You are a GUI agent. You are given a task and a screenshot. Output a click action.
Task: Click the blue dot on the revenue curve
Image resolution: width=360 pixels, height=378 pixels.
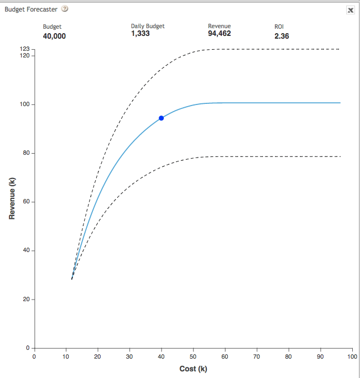click(x=161, y=118)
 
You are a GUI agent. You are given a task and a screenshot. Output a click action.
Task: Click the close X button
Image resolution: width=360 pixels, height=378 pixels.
click(x=351, y=10)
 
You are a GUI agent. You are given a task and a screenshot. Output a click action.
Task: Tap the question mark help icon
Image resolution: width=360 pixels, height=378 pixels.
click(x=65, y=9)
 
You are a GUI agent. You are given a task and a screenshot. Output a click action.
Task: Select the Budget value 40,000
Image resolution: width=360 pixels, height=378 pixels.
click(x=54, y=36)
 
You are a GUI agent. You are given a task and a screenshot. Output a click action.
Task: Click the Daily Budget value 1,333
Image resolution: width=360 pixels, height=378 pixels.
click(x=140, y=34)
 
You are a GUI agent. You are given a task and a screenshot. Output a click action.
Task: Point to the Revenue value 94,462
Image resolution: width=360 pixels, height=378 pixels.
click(x=220, y=34)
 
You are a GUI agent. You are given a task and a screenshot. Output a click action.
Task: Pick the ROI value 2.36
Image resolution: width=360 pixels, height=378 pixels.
click(x=281, y=36)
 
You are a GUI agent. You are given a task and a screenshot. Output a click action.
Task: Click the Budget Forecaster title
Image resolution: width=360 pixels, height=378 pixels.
click(x=31, y=9)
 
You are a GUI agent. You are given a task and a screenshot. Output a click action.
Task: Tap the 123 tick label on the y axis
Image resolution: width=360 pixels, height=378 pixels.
click(x=24, y=49)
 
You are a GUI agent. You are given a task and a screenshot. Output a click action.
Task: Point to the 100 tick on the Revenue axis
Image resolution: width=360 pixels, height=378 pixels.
click(x=24, y=104)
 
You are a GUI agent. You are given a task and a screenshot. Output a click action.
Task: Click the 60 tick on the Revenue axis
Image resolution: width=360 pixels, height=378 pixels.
click(x=26, y=202)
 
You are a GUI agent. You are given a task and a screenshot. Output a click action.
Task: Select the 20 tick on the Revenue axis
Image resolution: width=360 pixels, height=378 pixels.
click(x=26, y=299)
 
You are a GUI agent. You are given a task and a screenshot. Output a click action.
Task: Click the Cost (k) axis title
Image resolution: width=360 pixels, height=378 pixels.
click(x=193, y=369)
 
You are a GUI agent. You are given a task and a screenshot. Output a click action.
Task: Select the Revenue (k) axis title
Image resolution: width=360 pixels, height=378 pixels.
click(x=12, y=198)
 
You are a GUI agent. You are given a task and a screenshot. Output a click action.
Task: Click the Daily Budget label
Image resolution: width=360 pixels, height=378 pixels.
click(x=148, y=27)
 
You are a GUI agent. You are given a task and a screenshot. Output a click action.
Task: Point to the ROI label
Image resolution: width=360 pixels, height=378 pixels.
click(x=279, y=27)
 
